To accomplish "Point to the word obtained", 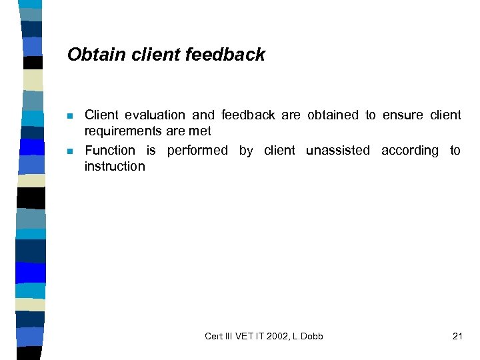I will (333, 115).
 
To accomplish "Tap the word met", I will (200, 131).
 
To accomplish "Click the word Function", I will (110, 151).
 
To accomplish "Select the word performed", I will (197, 151).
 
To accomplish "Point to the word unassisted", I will (337, 151).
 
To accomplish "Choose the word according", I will (410, 151).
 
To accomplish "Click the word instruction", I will (115, 167).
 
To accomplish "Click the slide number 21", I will (457, 336).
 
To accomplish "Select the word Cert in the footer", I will (214, 336).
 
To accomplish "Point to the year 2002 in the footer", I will (279, 336).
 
